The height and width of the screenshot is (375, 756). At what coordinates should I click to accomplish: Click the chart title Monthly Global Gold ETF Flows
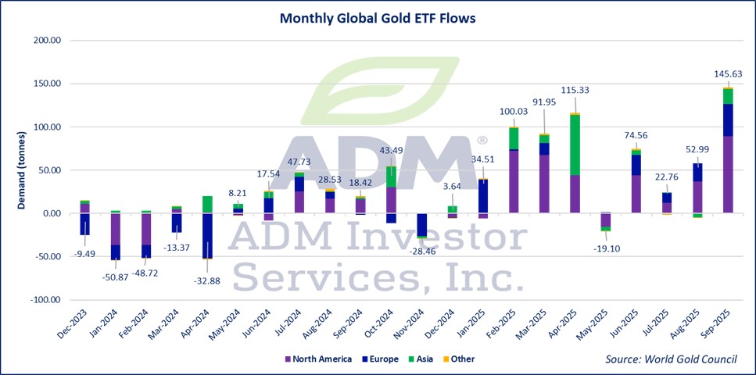[x=378, y=17]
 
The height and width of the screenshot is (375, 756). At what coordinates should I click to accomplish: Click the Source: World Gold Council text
[x=670, y=359]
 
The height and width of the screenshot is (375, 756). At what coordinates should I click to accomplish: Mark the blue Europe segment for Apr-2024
[x=207, y=235]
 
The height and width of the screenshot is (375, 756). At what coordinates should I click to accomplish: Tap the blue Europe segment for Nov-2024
[x=421, y=224]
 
